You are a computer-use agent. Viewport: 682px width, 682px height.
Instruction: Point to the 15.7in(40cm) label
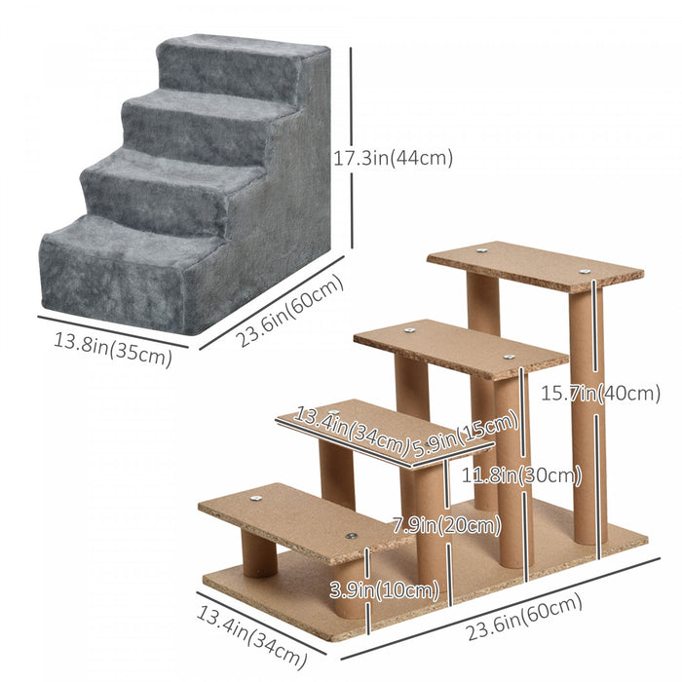click(x=601, y=394)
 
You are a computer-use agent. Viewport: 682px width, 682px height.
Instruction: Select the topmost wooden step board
click(x=534, y=264)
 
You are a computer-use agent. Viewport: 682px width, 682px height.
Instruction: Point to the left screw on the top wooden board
click(x=482, y=250)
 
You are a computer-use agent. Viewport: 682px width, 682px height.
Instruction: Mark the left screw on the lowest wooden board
click(x=256, y=499)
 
